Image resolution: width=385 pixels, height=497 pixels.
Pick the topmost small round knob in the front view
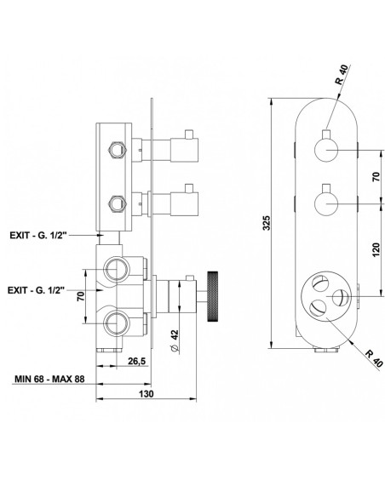[x=325, y=152]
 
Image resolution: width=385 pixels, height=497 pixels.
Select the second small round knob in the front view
[x=325, y=204]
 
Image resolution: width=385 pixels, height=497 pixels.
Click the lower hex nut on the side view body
[x=112, y=203]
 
